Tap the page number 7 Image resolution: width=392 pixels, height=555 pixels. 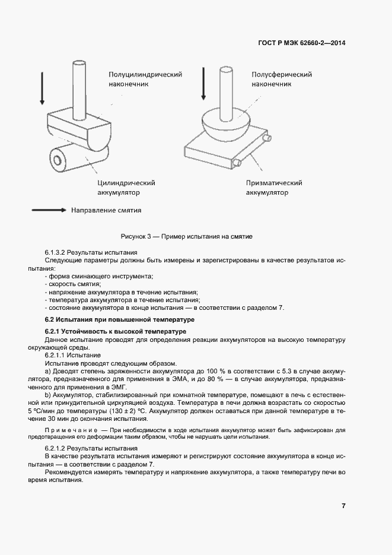[343, 506]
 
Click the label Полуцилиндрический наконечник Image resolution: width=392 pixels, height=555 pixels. [145, 80]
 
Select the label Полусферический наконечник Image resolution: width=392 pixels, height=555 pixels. [282, 80]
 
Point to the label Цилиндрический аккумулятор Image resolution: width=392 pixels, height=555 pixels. [126, 188]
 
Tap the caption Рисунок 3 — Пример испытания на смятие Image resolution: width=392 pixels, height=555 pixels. [186, 236]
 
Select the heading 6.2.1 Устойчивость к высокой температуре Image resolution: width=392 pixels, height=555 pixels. [116, 331]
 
